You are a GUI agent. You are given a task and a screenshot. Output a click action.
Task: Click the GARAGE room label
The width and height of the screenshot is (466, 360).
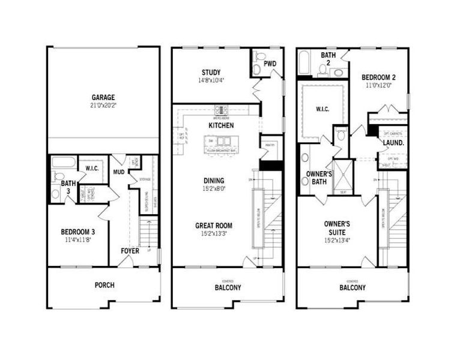(103, 97)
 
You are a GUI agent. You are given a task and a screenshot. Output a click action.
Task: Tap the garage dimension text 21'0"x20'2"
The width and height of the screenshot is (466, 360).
(103, 106)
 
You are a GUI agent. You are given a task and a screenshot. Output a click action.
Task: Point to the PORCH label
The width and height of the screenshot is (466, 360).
(104, 285)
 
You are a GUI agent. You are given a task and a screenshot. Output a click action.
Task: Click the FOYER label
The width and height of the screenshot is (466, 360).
(130, 251)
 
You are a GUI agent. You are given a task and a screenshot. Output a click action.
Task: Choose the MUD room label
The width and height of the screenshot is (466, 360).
(119, 172)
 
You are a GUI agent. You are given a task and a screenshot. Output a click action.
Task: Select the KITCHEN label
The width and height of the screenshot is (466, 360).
(220, 125)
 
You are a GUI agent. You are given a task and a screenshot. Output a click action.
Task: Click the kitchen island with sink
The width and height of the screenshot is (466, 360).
(220, 144)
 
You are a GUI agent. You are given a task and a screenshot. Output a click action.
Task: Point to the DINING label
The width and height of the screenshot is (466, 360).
(214, 181)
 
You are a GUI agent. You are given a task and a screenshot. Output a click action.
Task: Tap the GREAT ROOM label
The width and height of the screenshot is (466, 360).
(214, 226)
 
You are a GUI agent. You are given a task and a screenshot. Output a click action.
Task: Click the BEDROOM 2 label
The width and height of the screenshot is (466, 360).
(378, 77)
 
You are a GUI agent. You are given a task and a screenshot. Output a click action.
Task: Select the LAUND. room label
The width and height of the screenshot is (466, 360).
(393, 143)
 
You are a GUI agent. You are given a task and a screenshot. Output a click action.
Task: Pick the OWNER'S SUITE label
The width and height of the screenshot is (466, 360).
(337, 227)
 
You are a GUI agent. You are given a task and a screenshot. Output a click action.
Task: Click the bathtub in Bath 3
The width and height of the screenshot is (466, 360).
(63, 162)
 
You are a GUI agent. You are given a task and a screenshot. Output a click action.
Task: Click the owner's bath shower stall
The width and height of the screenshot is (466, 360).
(343, 175)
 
